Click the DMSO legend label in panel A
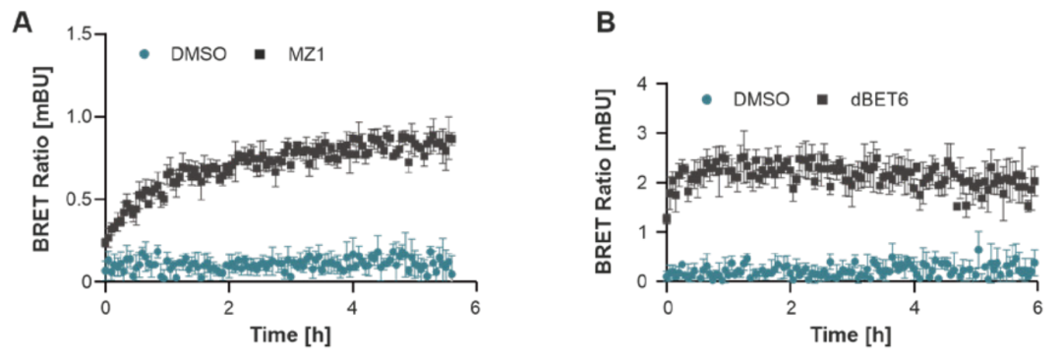[x=199, y=57]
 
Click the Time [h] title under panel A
[x=291, y=334]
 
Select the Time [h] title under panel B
[x=852, y=334]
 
